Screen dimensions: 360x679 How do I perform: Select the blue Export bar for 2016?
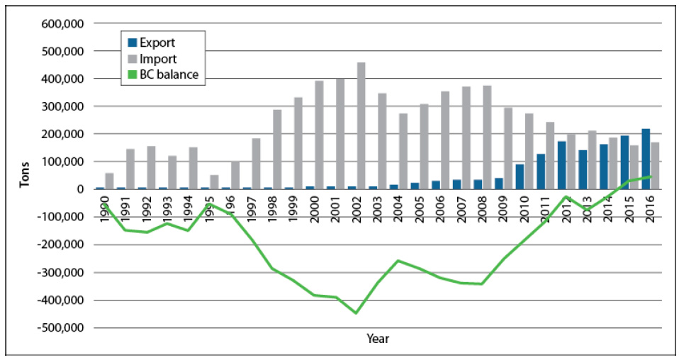(x=646, y=159)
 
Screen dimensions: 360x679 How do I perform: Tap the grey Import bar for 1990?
(x=109, y=181)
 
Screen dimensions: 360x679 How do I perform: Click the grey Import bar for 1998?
(x=277, y=150)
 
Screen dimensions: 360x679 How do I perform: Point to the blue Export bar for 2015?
(x=624, y=162)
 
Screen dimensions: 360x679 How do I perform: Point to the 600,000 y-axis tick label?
(x=64, y=23)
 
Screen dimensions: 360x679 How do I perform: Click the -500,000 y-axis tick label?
(x=62, y=328)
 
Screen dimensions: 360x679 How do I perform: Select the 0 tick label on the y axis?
(x=82, y=189)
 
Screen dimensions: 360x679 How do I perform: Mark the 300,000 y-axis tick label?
(x=64, y=106)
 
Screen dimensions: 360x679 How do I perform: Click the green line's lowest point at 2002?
(x=356, y=313)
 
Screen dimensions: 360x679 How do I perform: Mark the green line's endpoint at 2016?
(x=650, y=176)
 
